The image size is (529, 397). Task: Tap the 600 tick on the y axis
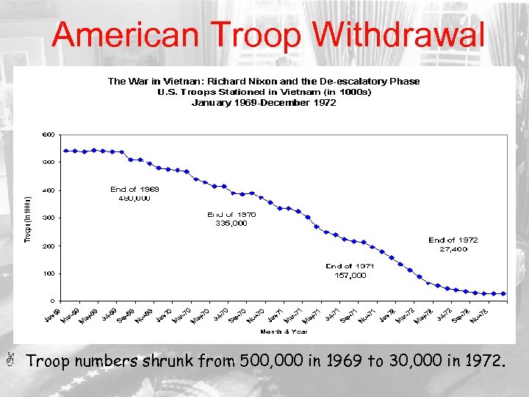[x=48, y=134]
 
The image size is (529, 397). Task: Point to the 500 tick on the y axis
[x=48, y=162]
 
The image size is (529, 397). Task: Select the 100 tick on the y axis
[x=48, y=273]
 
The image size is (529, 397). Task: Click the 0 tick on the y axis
[x=51, y=301]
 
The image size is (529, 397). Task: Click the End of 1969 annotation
[x=134, y=189]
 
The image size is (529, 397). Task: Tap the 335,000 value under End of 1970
[x=231, y=223]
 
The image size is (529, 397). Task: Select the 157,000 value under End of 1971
[x=350, y=276]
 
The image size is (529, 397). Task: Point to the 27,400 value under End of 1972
[x=453, y=249]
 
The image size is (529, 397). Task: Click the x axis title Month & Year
[x=283, y=331]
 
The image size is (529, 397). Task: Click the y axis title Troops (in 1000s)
[x=28, y=218]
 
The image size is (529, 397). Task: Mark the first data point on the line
[x=66, y=151]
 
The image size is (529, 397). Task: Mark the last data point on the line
[x=503, y=293]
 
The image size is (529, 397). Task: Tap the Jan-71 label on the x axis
[x=274, y=315]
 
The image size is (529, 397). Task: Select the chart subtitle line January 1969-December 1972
[x=264, y=103]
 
